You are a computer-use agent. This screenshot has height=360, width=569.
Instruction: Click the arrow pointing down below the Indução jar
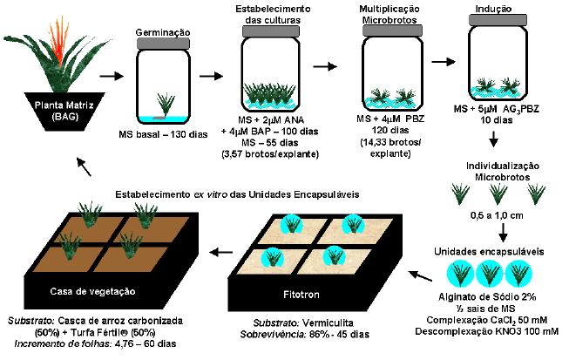pos(493,139)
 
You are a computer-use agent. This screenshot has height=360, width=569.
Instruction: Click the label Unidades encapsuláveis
pos(492,252)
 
